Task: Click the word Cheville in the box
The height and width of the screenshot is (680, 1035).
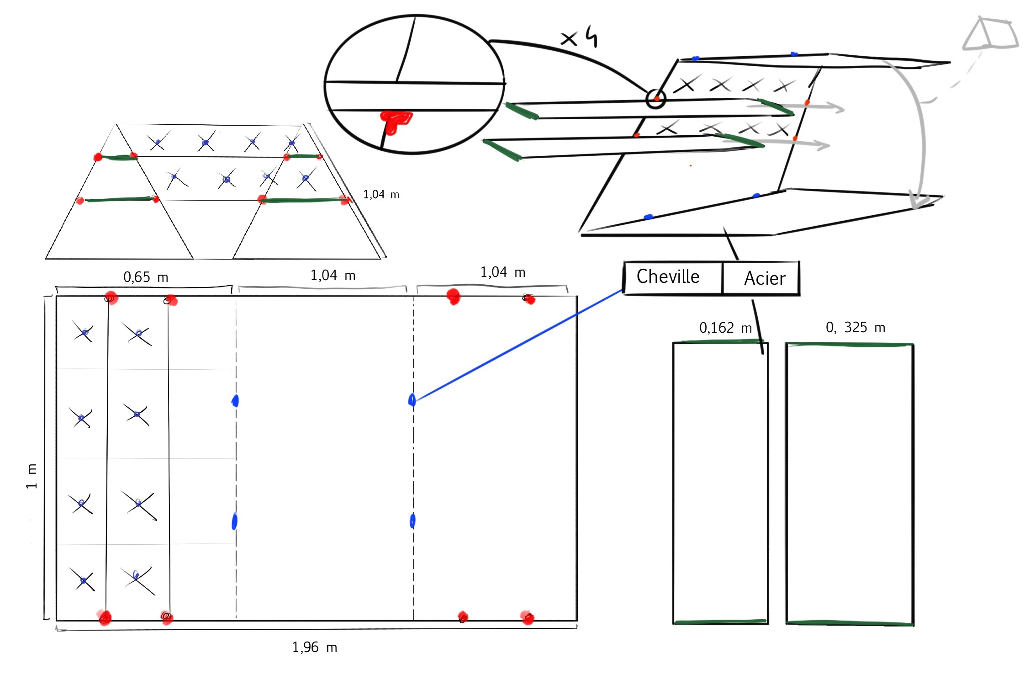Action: (668, 277)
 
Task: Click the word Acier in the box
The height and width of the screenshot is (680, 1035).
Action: (765, 278)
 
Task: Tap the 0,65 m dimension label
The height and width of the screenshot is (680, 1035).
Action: (146, 277)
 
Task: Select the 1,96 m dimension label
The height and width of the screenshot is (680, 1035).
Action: (314, 647)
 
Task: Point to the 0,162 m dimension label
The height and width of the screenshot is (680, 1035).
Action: (725, 328)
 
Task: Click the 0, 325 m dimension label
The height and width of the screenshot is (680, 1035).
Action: (855, 327)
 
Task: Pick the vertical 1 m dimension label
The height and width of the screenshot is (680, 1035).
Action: (31, 476)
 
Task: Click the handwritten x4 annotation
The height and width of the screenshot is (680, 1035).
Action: (579, 38)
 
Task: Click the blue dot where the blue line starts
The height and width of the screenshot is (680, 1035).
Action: (412, 400)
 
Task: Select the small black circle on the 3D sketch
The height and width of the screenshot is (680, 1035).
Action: (656, 99)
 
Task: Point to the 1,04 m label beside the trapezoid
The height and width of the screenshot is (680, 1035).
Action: (381, 195)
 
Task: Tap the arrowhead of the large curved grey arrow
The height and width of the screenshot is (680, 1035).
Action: (919, 201)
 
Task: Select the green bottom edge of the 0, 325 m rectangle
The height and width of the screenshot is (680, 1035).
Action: (850, 623)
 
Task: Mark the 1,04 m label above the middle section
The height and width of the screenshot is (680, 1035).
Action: (333, 276)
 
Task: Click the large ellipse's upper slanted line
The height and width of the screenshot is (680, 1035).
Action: (406, 49)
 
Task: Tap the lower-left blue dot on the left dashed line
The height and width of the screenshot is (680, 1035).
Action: (234, 521)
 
